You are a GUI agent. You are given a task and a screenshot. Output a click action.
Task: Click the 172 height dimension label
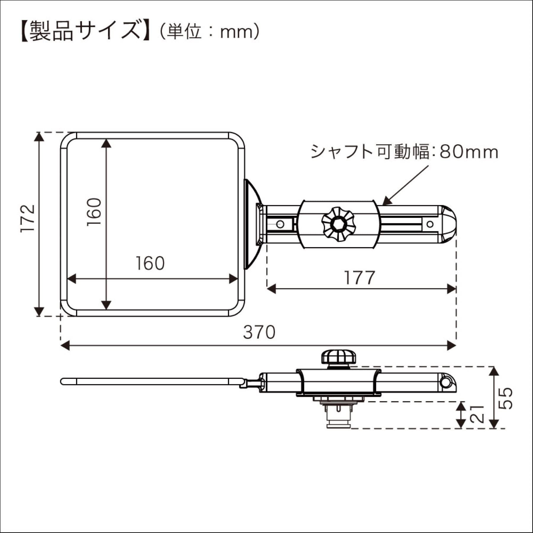pos(28,218)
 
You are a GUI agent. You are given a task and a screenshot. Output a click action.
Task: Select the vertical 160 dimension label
pos(94,212)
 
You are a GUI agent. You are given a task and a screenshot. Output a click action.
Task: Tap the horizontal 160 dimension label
pos(150,263)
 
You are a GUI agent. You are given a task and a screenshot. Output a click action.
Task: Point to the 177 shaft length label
pos(359,278)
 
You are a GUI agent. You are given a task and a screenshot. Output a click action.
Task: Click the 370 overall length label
pos(259,332)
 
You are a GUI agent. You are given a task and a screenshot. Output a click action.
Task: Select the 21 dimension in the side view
pos(477,414)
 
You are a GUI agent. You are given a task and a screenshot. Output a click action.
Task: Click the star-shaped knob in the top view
pos(338,224)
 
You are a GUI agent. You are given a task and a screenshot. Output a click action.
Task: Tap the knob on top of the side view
pos(339,357)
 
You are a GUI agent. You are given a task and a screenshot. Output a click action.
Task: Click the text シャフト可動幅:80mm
pos(404,152)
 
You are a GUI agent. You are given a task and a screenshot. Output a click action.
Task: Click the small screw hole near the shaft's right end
pos(430,224)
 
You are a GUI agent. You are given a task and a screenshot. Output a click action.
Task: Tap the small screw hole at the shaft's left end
pos(280,224)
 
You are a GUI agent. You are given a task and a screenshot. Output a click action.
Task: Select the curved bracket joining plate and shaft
pos(253,224)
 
